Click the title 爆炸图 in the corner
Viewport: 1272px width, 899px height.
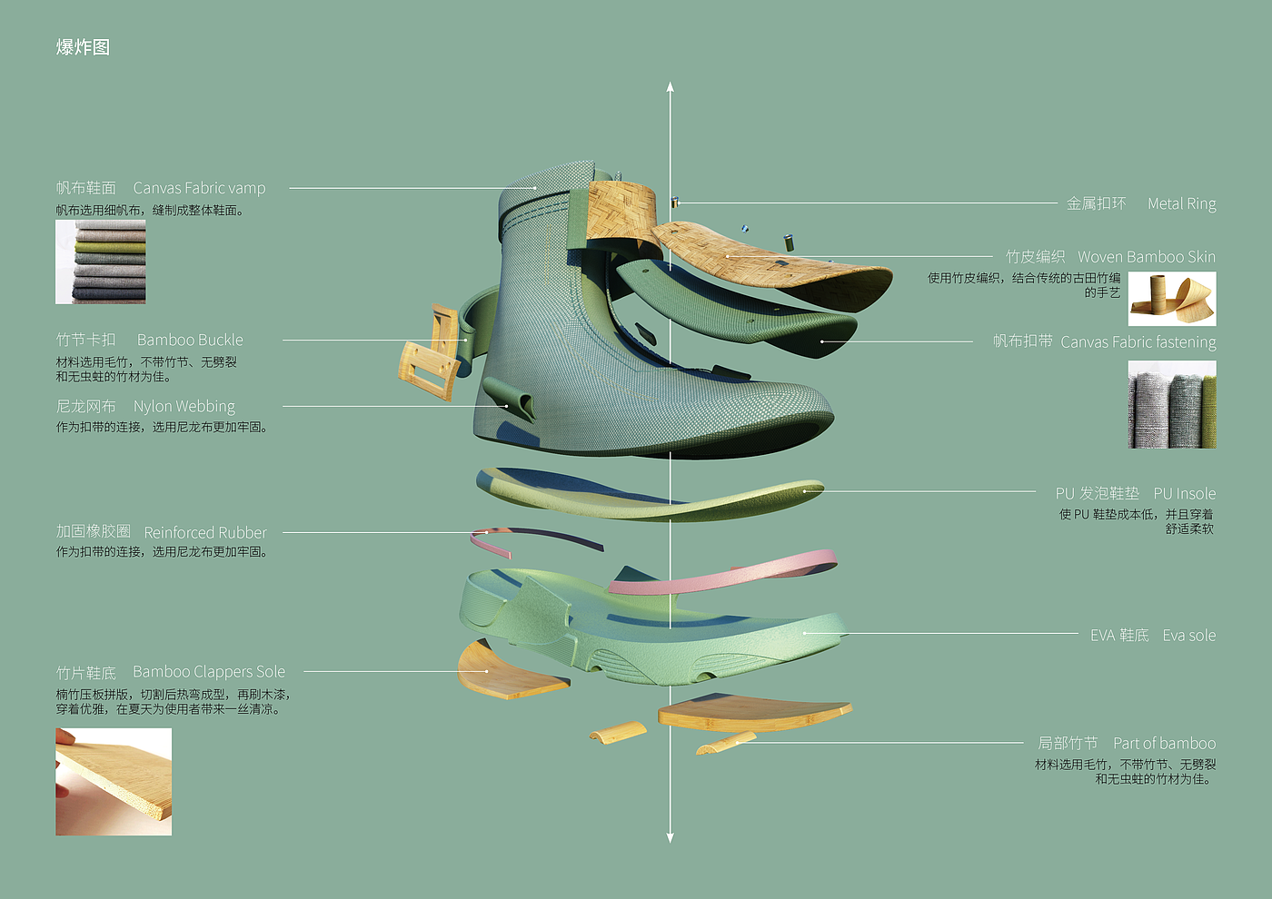83,47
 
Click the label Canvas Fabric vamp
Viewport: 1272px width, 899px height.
199,188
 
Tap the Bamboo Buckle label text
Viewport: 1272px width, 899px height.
190,340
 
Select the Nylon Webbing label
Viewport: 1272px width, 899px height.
184,406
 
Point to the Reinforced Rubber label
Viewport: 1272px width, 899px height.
205,532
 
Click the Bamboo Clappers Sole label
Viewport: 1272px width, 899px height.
209,672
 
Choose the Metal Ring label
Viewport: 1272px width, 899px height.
1181,203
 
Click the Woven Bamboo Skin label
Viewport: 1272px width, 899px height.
1146,257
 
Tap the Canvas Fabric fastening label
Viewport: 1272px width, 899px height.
1138,342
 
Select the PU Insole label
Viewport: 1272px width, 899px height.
1184,493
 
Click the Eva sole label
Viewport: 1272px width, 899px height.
1188,635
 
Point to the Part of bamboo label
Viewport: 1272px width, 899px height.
1164,743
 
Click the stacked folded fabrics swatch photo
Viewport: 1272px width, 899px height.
101,262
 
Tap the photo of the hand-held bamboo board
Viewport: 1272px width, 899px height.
114,781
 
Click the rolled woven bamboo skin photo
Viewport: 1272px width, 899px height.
1172,299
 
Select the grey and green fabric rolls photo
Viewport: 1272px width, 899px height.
1172,404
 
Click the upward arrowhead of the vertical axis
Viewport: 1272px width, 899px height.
670,87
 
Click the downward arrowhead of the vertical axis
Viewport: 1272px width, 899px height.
670,837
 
